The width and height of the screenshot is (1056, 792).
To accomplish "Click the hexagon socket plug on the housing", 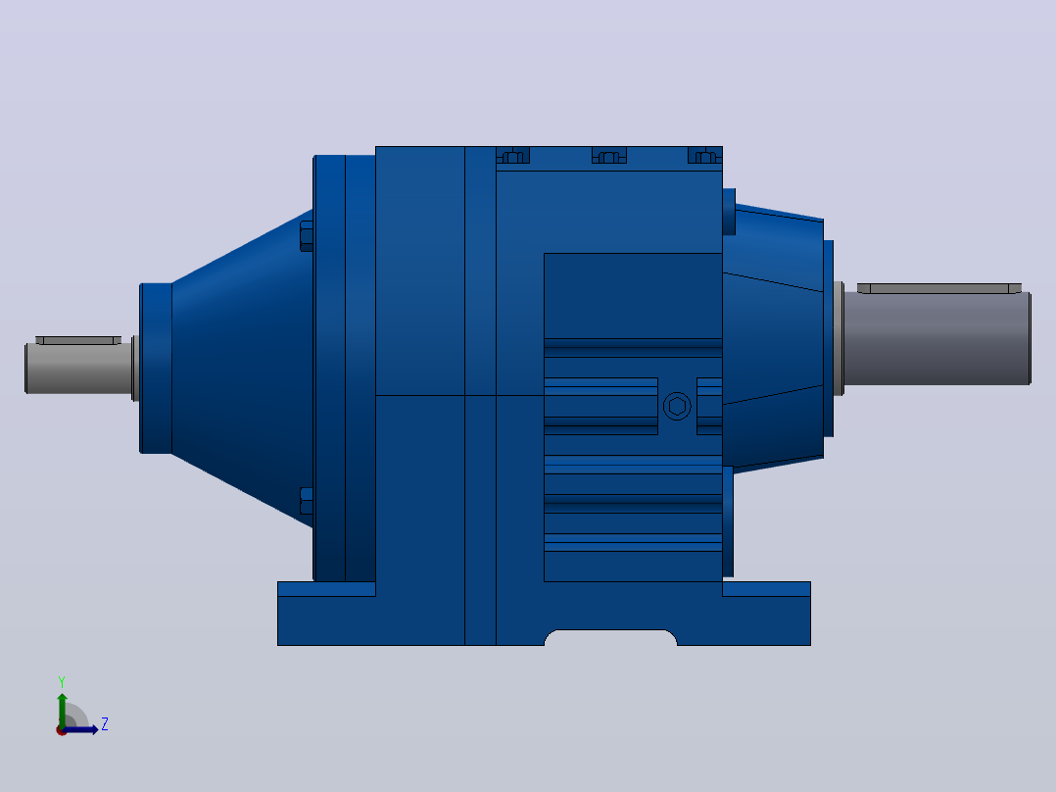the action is (x=677, y=407).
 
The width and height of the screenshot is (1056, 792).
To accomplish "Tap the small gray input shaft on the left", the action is (x=78, y=368).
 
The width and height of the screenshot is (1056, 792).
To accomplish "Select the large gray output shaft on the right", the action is (x=937, y=338).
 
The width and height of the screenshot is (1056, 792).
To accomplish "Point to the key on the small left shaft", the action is (x=78, y=340).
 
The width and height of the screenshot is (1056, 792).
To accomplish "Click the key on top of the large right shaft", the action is (x=938, y=288).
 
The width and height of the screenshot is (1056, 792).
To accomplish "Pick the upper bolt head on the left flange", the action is (x=307, y=236).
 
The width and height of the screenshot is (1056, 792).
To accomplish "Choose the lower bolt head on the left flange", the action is (x=307, y=501).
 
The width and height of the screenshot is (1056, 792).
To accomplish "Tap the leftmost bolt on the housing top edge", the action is (x=513, y=156).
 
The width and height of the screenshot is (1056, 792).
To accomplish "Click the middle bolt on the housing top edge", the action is (x=609, y=156).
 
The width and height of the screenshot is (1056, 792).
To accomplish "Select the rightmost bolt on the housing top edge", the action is (x=705, y=156).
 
